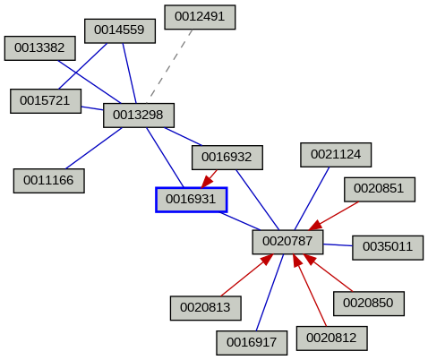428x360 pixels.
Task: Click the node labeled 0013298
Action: [x=138, y=115]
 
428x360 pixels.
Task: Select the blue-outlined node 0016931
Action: [x=192, y=199]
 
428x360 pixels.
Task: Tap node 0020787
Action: [x=287, y=241]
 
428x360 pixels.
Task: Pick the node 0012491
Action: [x=200, y=16]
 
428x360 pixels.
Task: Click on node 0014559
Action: [x=120, y=30]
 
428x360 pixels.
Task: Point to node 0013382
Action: [x=39, y=48]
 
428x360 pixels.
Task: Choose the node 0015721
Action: [x=46, y=101]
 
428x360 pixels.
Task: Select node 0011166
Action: [x=48, y=180]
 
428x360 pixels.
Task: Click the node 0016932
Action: [x=227, y=158]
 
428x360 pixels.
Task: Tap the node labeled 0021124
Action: [x=336, y=154]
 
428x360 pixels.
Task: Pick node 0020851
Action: [x=379, y=188]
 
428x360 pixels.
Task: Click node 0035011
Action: [x=388, y=247]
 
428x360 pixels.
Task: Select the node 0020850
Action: [x=368, y=303]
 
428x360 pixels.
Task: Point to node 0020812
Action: [x=330, y=338]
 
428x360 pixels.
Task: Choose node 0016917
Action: [x=252, y=342]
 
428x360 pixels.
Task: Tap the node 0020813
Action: [x=205, y=308]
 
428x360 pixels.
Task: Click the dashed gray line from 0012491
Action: [x=170, y=63]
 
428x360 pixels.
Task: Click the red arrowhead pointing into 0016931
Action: [x=208, y=180]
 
